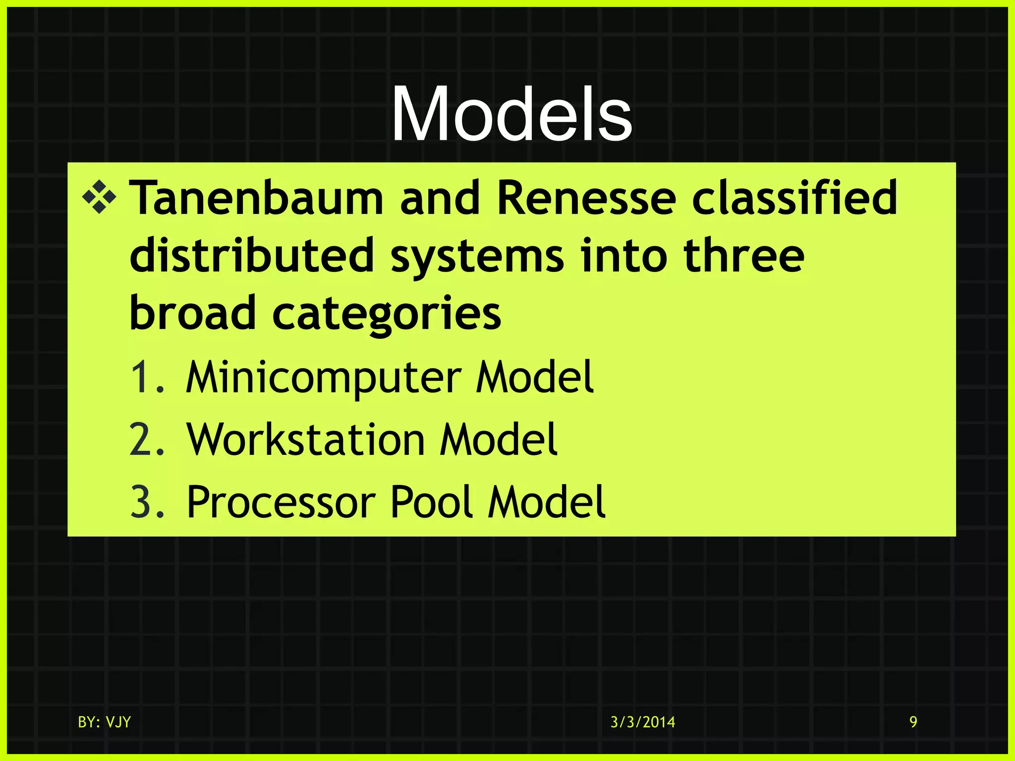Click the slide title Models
tap(511, 115)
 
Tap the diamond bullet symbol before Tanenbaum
tap(99, 198)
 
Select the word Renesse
tap(586, 198)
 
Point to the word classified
tap(794, 198)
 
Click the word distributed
tap(251, 256)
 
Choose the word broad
tap(192, 313)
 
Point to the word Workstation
tap(306, 440)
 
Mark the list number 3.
tap(146, 502)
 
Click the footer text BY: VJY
tap(104, 722)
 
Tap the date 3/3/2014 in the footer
tap(642, 722)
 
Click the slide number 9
tap(913, 722)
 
